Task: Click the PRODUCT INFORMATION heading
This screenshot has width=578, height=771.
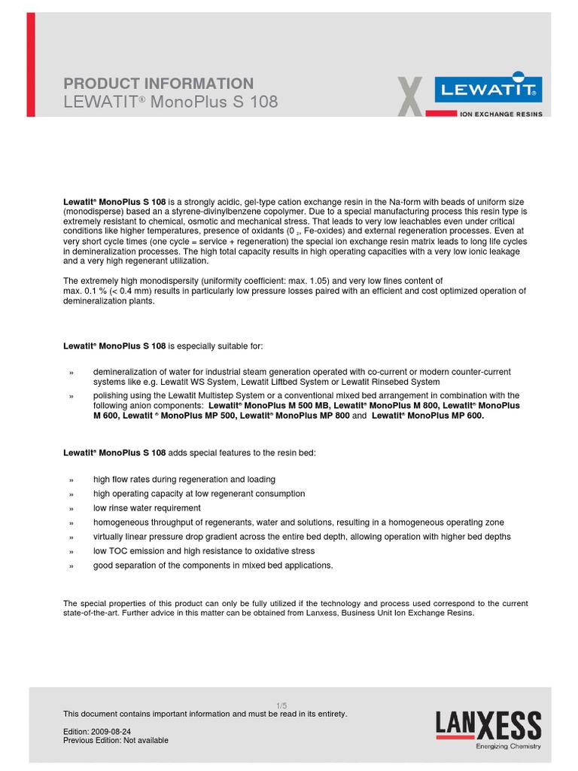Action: point(158,84)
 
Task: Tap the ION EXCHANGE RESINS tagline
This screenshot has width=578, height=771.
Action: point(500,114)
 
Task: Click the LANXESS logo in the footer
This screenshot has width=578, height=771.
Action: point(488,726)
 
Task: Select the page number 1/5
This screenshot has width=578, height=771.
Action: point(281,705)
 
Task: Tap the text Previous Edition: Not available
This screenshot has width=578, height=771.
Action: point(116,740)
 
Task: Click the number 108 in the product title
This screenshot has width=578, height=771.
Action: point(263,102)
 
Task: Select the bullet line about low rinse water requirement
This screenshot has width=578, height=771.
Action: point(147,508)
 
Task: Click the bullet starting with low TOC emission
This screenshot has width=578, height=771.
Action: point(203,551)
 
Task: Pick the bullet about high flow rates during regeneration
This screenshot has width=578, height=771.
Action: point(184,480)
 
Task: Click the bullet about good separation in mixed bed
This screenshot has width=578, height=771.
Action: point(212,565)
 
